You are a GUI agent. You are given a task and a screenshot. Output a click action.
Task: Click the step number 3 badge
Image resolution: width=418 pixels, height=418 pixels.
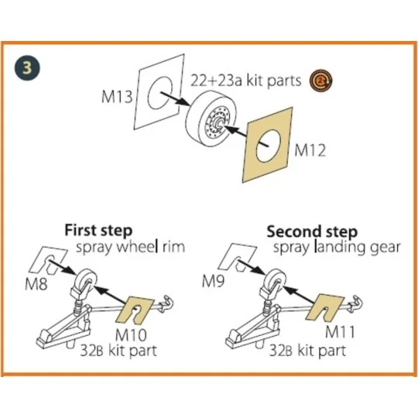pyautogui.click(x=27, y=68)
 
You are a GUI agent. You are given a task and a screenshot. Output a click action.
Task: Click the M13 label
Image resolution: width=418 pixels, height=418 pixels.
pyautogui.click(x=117, y=96)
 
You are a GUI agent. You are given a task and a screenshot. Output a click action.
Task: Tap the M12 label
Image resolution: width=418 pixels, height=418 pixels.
pyautogui.click(x=310, y=151)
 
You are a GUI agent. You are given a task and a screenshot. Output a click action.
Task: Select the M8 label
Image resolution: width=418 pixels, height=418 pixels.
pyautogui.click(x=36, y=284)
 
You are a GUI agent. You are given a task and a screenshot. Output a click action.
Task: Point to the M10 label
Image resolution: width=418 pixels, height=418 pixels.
pyautogui.click(x=131, y=335)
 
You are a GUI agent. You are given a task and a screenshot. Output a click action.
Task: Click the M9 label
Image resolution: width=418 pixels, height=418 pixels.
pyautogui.click(x=213, y=281)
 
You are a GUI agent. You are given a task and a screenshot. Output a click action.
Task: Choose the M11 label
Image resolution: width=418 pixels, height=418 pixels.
pyautogui.click(x=340, y=332)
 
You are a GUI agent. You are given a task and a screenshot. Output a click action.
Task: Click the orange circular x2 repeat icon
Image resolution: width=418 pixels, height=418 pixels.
pyautogui.click(x=321, y=80)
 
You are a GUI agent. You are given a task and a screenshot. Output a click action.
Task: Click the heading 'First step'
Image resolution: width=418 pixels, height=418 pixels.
pyautogui.click(x=98, y=231)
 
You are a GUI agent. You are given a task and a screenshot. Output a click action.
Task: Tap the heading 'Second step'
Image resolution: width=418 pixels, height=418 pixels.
pyautogui.click(x=312, y=231)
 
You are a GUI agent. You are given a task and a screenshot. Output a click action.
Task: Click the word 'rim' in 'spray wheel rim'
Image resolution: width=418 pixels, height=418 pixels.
pyautogui.click(x=173, y=247)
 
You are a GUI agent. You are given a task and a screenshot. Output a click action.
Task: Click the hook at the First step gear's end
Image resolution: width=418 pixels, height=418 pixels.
pyautogui.click(x=166, y=303)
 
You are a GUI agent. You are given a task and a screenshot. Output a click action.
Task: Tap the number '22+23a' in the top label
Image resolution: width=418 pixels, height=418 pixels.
pyautogui.click(x=216, y=81)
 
